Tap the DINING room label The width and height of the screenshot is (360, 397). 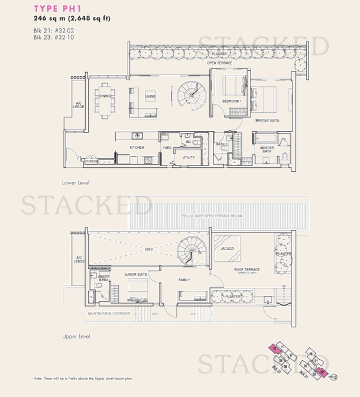click(105, 96)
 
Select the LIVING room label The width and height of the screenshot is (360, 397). click(150, 96)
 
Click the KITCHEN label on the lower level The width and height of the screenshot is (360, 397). click(137, 147)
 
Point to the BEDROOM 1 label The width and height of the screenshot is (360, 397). click(231, 102)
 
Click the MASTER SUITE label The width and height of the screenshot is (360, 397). click(267, 120)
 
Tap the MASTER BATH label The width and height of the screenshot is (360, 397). click(267, 149)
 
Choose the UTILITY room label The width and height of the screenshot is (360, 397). click(189, 157)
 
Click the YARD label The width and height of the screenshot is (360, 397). click(167, 148)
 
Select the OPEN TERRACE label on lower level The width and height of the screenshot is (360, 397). click(218, 62)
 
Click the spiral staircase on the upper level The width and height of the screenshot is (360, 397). click(193, 250)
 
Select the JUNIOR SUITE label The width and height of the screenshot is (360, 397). click(135, 275)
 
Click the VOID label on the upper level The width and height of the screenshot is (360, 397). click(148, 249)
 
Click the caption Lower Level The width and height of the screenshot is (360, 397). click(76, 183)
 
